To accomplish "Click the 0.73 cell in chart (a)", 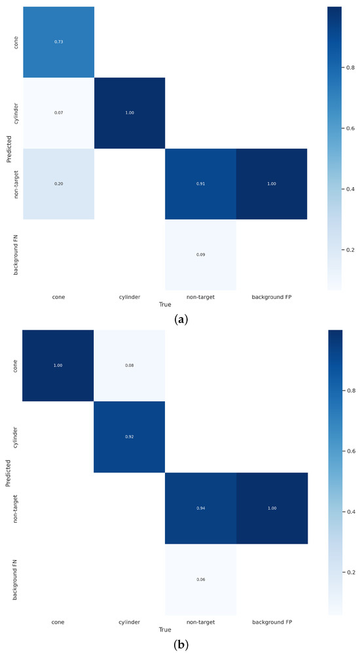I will [x=58, y=42].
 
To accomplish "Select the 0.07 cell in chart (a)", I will [x=58, y=113].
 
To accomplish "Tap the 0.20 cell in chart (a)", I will [x=58, y=184].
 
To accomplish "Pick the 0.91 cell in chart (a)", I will [x=200, y=184].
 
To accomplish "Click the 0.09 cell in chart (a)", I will [x=200, y=255].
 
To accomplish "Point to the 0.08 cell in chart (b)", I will [x=129, y=365].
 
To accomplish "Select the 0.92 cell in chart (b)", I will [x=129, y=436].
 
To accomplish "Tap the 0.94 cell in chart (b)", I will [x=200, y=507].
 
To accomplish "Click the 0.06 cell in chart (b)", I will [x=200, y=578].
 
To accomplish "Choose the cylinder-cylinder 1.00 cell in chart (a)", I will [x=129, y=113].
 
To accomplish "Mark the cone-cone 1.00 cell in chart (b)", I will [x=58, y=365].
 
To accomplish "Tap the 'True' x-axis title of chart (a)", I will [x=165, y=305].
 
